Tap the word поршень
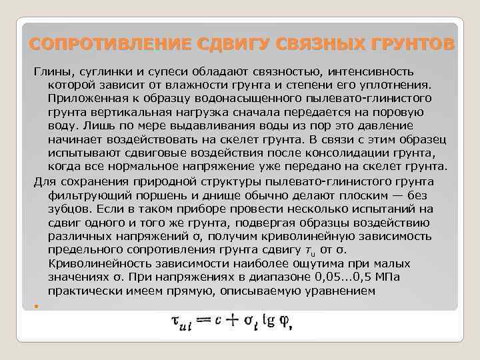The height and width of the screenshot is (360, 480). click(x=157, y=195)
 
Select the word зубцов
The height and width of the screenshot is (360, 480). click(x=69, y=209)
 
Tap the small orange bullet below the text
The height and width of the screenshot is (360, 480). click(x=35, y=306)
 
